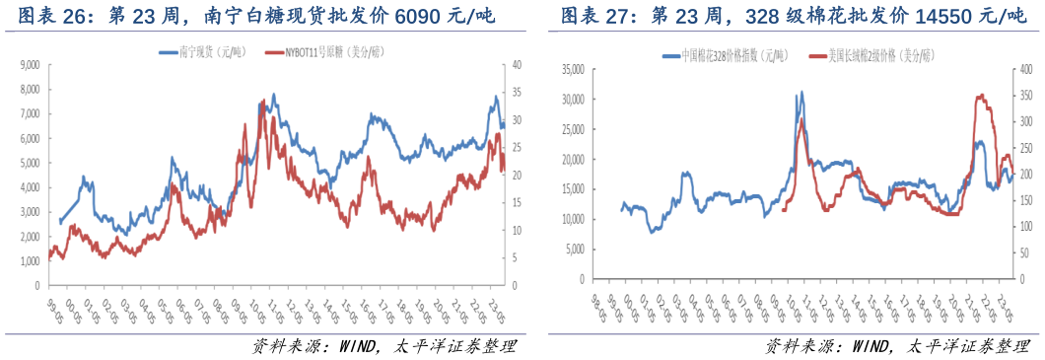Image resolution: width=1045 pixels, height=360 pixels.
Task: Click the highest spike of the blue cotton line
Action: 801,92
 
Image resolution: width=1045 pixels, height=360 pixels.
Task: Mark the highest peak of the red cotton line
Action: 979,95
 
